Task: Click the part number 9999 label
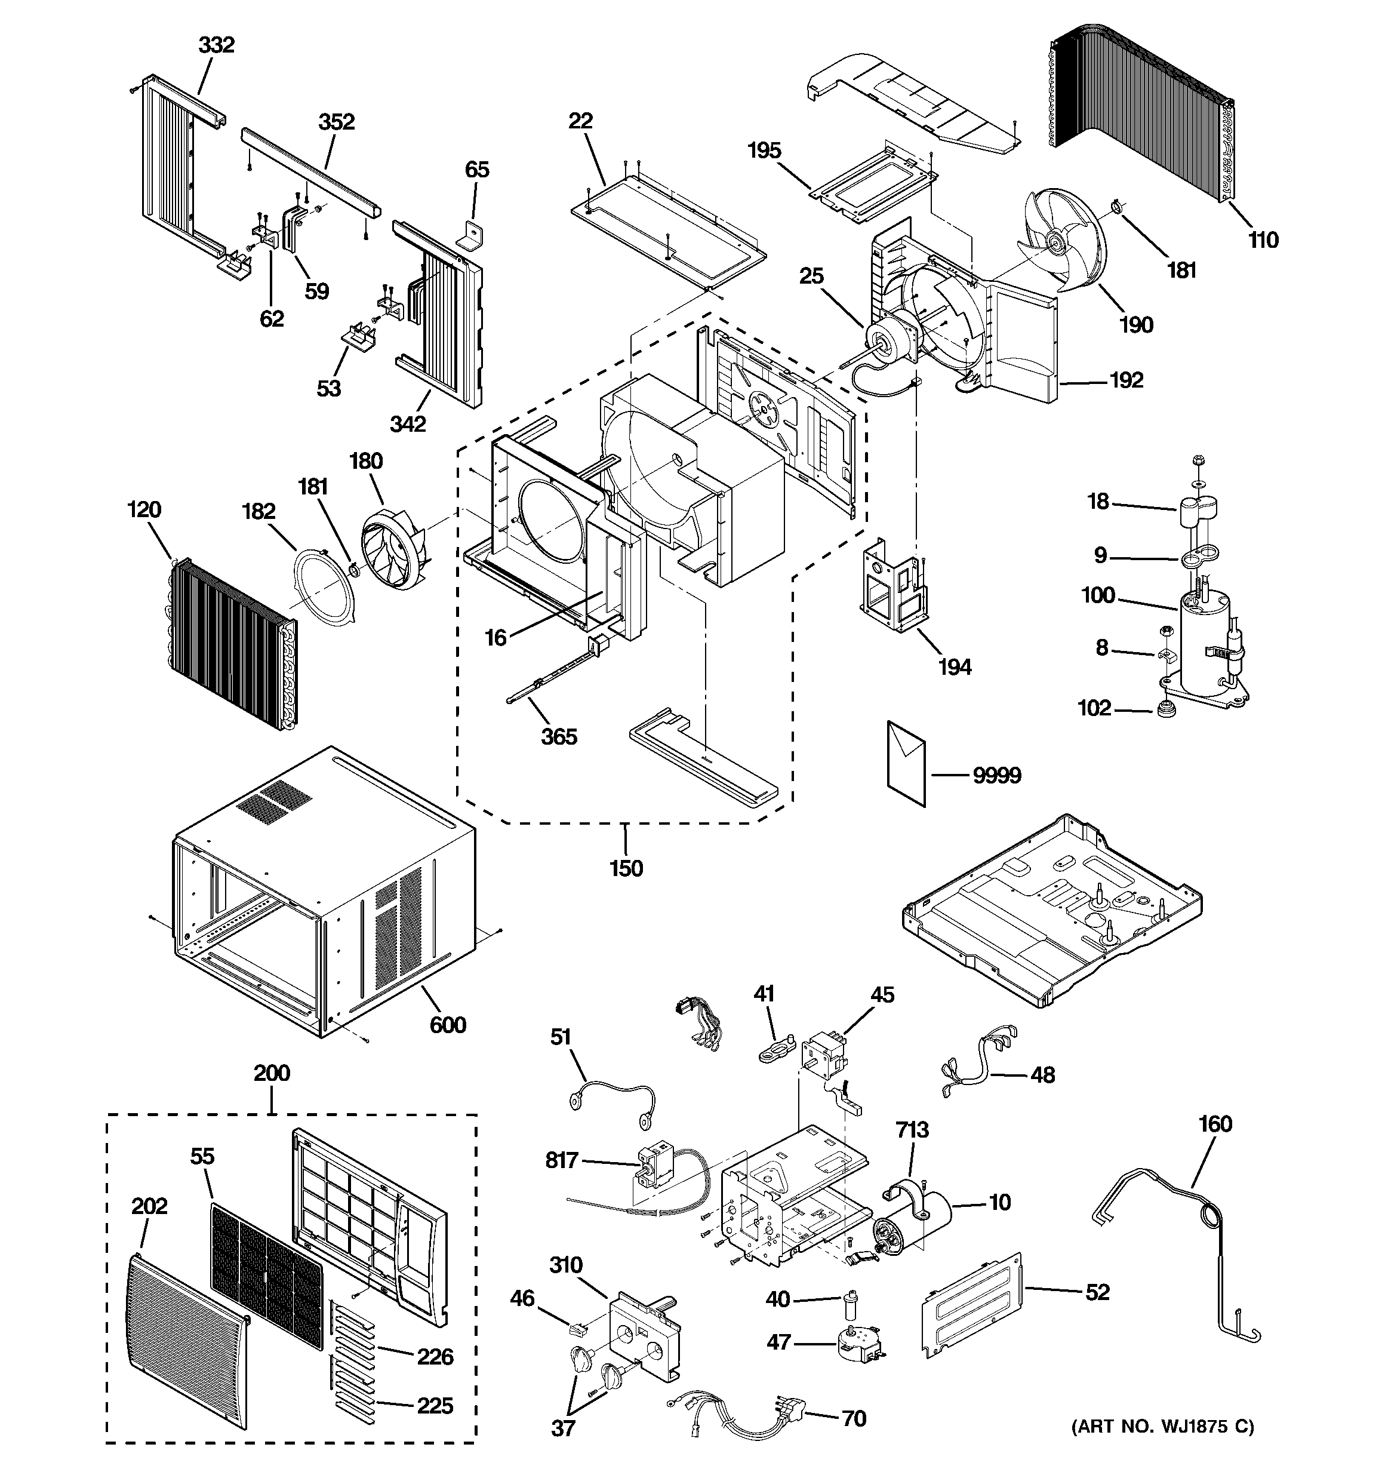point(997,776)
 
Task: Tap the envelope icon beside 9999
point(906,762)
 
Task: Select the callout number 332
point(216,45)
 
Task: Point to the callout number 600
point(448,1025)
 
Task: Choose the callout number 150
point(626,868)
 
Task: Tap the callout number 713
point(912,1130)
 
